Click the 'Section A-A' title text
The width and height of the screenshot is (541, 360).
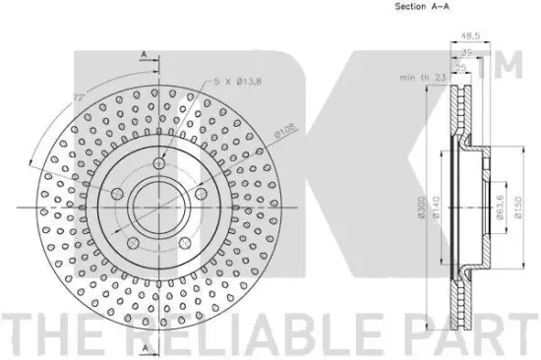pos(422,6)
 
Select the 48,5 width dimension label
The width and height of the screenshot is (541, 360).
pos(470,35)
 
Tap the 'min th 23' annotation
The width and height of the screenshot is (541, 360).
pos(423,78)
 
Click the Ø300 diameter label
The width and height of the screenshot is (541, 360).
pos(421,209)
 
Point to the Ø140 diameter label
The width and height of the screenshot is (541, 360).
pos(436,208)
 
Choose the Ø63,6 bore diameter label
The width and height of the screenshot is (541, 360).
pos(500,208)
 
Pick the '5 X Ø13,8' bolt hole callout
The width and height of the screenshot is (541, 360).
pos(238,82)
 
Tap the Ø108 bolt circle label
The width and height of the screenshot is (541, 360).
pos(285,131)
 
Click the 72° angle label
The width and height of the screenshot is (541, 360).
pos(79,98)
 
